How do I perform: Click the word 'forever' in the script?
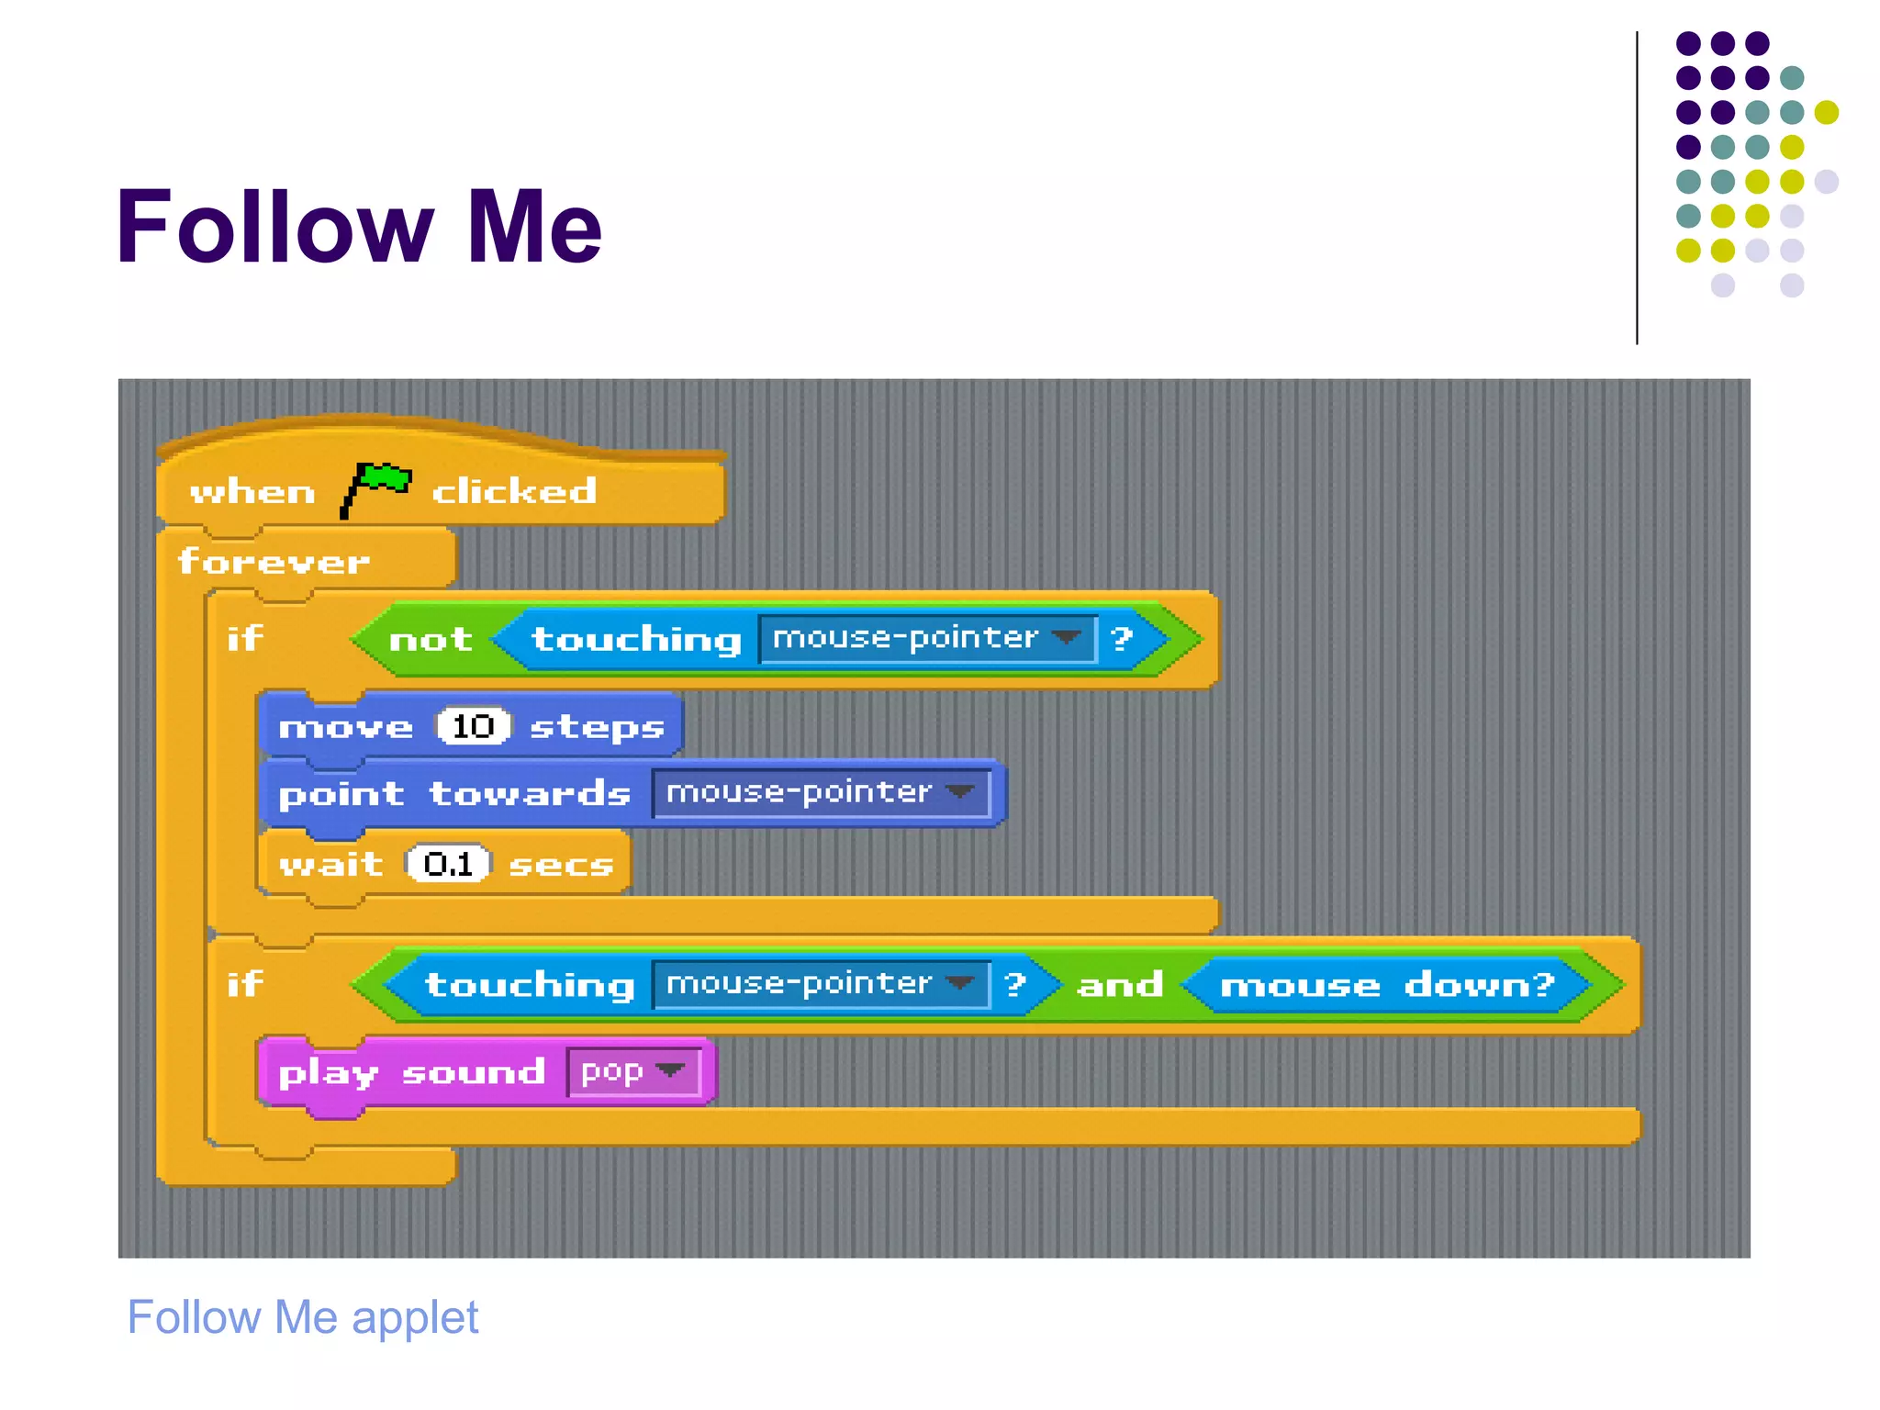pos(274,561)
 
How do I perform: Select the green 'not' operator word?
pos(431,639)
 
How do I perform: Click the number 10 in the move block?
pos(473,726)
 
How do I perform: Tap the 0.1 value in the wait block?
pos(449,864)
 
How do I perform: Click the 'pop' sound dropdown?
pos(632,1071)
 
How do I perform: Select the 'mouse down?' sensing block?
pos(1386,985)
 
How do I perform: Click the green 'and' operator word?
pos(1120,985)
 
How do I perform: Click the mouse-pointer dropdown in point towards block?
pos(821,792)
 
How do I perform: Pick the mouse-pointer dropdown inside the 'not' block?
pos(927,638)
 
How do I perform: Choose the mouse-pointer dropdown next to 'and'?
pos(821,984)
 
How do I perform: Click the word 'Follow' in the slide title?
pos(274,227)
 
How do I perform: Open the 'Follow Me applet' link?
pos(303,1317)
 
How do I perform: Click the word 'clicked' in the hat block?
pos(514,492)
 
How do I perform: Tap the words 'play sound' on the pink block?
pos(411,1072)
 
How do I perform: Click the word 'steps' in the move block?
pos(597,727)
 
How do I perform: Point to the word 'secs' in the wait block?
pos(561,865)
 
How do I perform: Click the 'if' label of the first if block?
pos(245,638)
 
